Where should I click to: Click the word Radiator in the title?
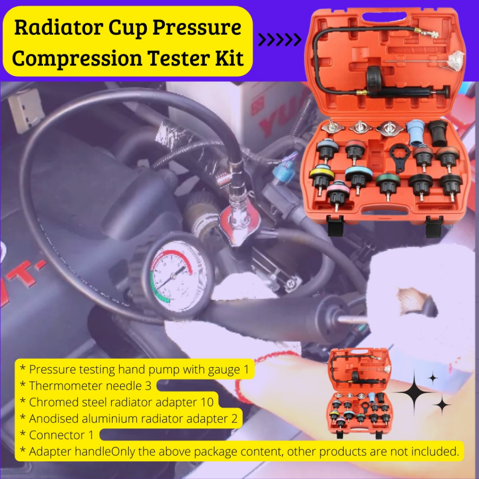pos(58,28)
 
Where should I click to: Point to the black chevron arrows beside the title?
pos(280,40)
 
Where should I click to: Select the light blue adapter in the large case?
pos(416,132)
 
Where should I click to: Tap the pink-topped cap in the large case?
pos(338,195)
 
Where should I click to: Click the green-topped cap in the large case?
pos(388,185)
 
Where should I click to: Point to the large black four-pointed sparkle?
pos(414,392)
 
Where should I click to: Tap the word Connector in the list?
pos(57,435)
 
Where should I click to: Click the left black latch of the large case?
pos(335,225)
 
